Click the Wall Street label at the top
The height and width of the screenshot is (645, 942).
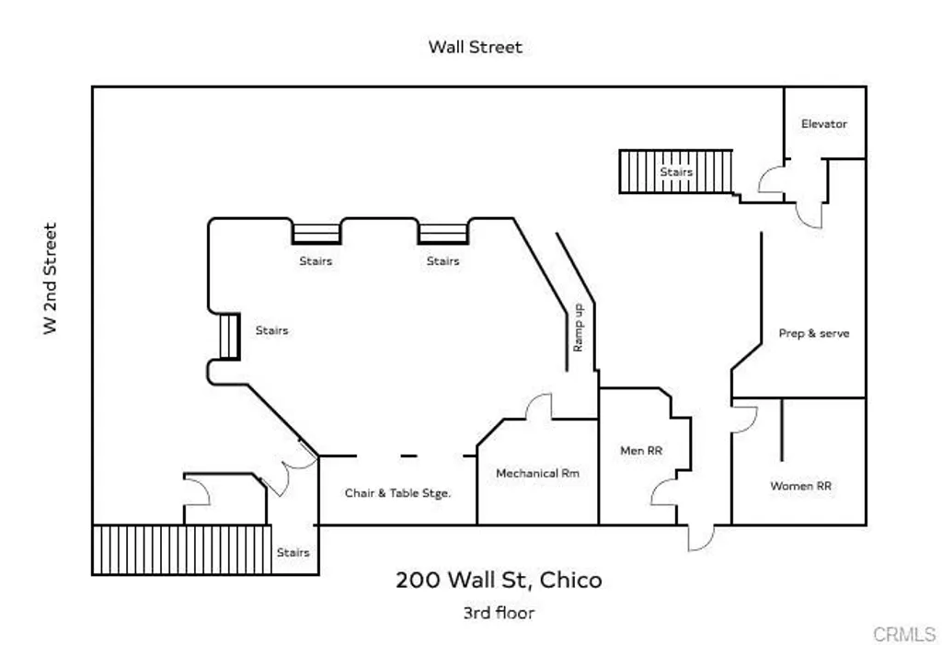[475, 47]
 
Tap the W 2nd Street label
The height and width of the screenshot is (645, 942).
[51, 279]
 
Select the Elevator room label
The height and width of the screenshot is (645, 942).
[823, 123]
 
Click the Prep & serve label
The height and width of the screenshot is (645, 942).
[814, 333]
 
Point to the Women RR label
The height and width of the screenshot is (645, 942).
[800, 485]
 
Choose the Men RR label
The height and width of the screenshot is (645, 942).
[641, 450]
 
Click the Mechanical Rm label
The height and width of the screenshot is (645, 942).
[538, 473]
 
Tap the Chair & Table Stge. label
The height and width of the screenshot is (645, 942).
[397, 492]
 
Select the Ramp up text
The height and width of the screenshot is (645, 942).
[579, 328]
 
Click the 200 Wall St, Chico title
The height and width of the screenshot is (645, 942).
[499, 580]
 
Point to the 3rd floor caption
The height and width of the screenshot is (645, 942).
[499, 612]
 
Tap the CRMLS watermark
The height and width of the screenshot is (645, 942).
[903, 634]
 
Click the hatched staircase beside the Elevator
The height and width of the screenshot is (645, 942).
[675, 171]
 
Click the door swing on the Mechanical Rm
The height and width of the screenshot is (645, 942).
[537, 407]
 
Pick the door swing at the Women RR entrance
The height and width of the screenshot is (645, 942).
[743, 419]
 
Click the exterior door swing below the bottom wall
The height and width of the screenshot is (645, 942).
[699, 537]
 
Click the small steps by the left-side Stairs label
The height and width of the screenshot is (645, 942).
[227, 336]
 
